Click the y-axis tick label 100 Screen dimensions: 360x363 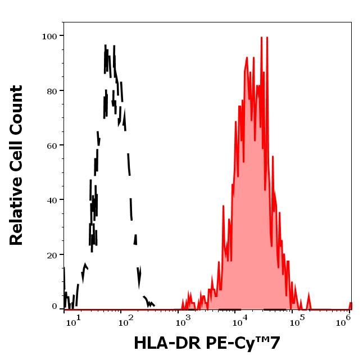pyautogui.click(x=49, y=37)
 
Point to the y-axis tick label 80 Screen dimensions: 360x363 pyautogui.click(x=52, y=91)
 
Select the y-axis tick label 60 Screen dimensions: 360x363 pyautogui.click(x=52, y=145)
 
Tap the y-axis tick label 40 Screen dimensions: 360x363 pyautogui.click(x=52, y=200)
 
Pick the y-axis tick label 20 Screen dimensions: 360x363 pyautogui.click(x=52, y=255)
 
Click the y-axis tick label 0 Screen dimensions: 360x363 pyautogui.click(x=55, y=307)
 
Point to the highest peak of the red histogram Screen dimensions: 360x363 pyautogui.click(x=261, y=38)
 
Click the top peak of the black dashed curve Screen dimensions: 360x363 pyautogui.click(x=107, y=46)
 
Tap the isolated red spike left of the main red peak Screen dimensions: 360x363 pyautogui.click(x=223, y=207)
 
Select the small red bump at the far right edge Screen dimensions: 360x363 pyautogui.click(x=350, y=305)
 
